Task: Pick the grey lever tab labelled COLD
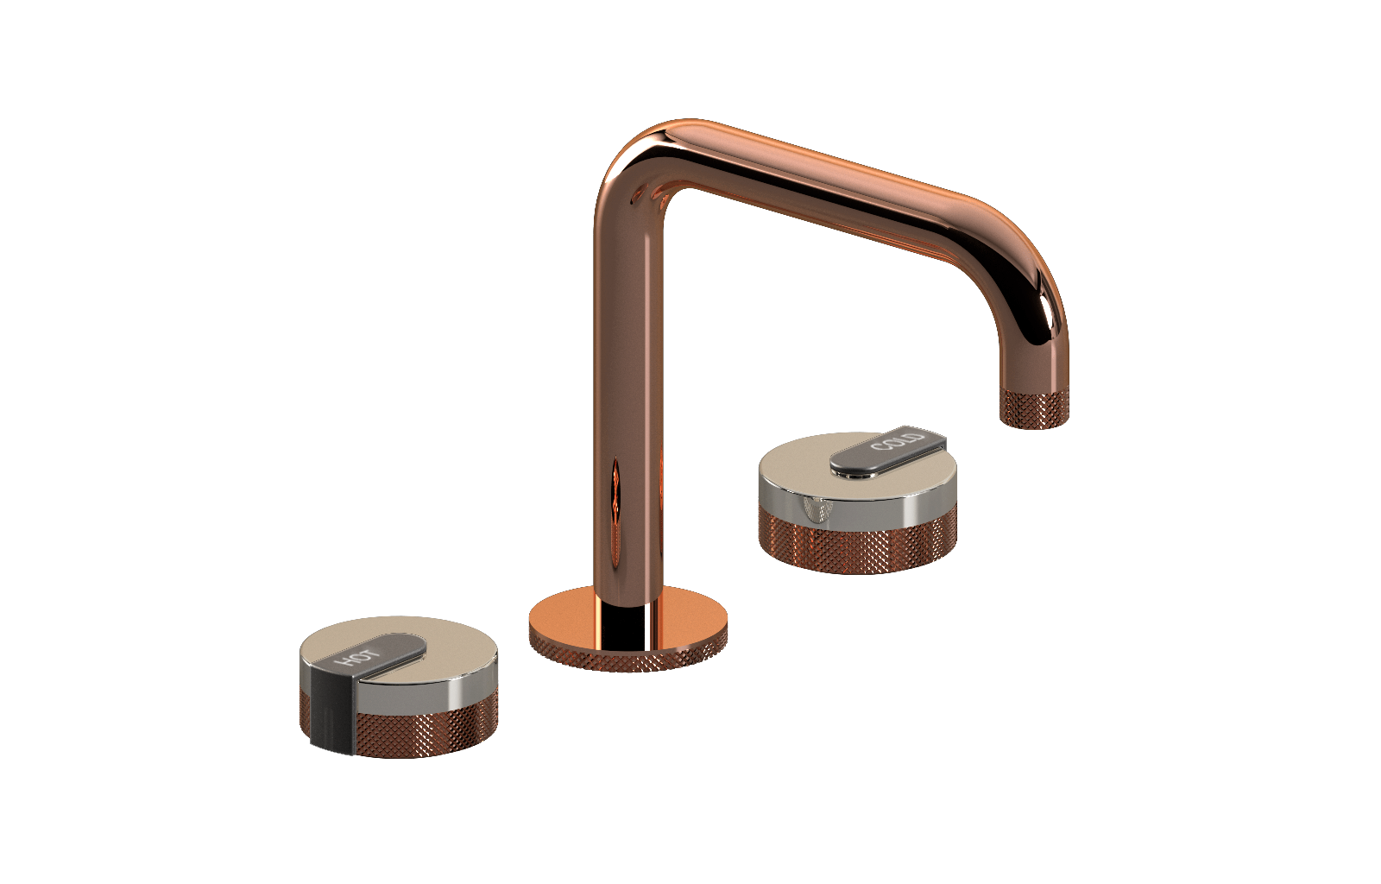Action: point(888,450)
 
